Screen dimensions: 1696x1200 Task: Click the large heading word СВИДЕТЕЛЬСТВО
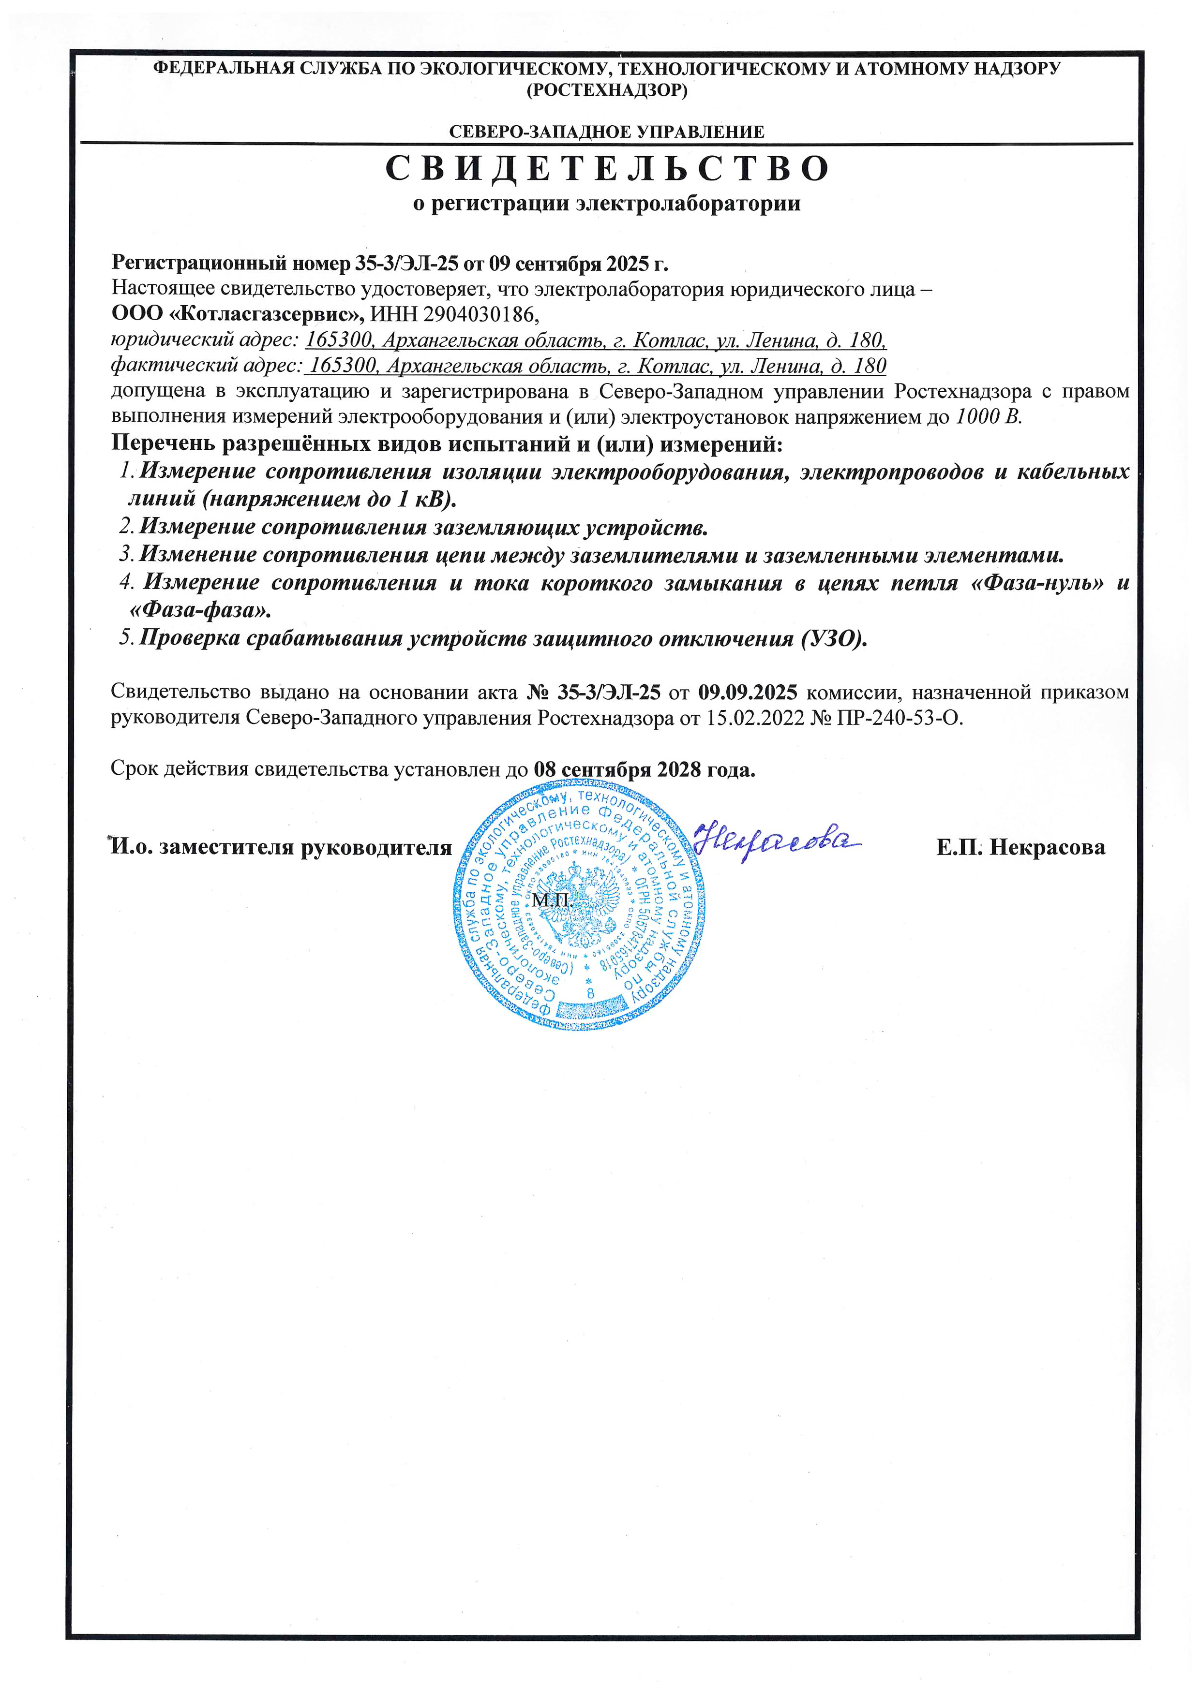click(x=607, y=169)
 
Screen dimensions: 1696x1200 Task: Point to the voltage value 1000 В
click(x=989, y=416)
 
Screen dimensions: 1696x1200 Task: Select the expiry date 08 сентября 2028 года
click(x=645, y=770)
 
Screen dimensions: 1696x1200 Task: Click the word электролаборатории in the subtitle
click(x=688, y=204)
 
